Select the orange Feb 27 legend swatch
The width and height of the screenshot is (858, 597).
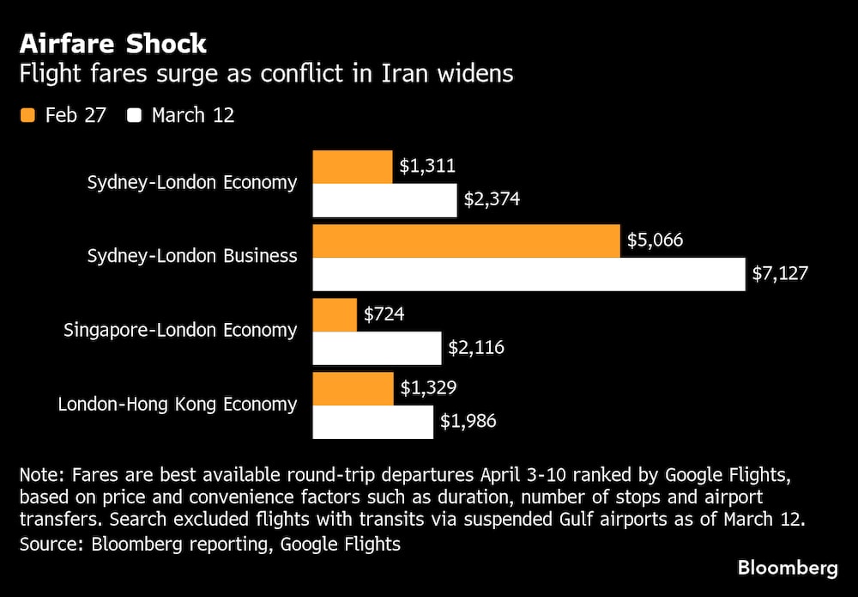pos(27,115)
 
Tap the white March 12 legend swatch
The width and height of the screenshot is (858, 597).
pos(135,115)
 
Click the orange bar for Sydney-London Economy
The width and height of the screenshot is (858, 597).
pos(353,166)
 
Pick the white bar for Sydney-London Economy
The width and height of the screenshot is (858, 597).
pos(384,199)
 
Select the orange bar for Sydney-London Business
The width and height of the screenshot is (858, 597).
pos(466,241)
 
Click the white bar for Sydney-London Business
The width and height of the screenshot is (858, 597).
pos(529,274)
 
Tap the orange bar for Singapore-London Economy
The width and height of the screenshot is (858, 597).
pos(335,315)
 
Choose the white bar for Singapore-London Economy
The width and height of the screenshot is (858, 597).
pos(377,348)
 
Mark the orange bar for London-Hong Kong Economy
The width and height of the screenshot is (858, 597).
pos(353,389)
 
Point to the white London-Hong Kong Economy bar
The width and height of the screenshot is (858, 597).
pos(372,422)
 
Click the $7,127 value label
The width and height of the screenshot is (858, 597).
pos(780,274)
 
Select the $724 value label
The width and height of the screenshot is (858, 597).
pos(384,315)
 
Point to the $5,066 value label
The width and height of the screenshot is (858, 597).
pos(656,241)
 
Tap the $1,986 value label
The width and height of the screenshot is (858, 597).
pos(468,422)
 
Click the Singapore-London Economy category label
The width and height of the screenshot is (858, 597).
pos(180,330)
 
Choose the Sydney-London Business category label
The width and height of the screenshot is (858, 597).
pos(192,256)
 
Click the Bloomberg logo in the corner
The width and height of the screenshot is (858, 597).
pos(788,568)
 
